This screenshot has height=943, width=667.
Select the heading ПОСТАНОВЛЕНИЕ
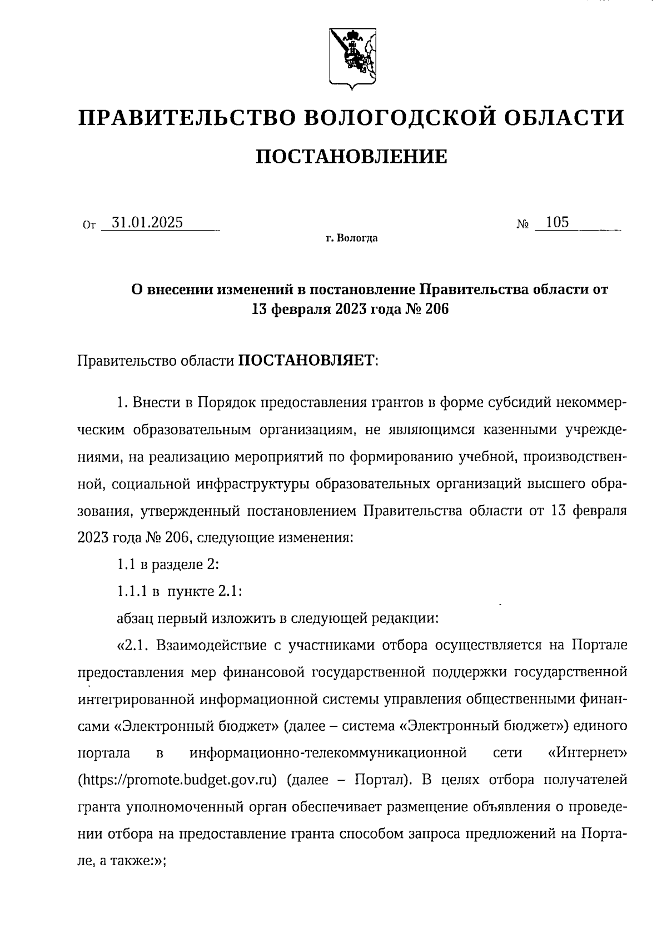351,157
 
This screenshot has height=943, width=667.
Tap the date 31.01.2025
147,223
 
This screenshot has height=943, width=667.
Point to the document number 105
558,223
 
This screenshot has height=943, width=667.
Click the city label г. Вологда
352,239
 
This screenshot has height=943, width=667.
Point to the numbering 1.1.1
132,592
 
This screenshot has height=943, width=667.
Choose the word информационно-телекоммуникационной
327,754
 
